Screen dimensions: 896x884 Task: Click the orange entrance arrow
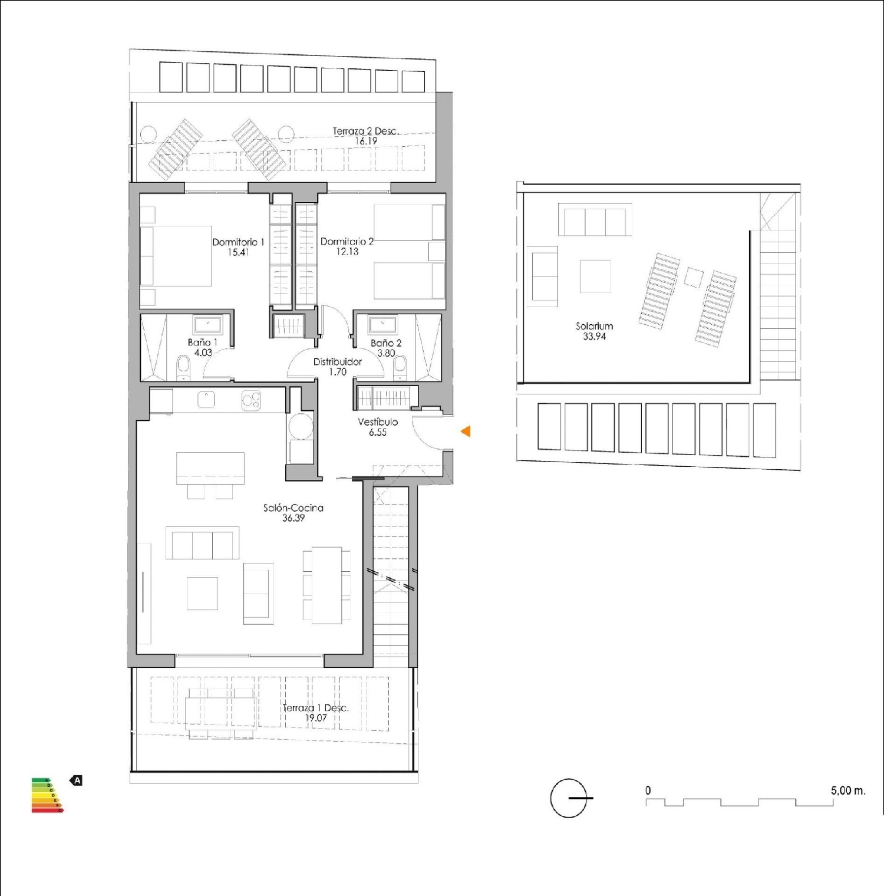pos(466,431)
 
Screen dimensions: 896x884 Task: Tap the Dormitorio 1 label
pos(238,242)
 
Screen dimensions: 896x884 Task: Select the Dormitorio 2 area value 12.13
pos(347,252)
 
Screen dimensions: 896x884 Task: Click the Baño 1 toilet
pos(183,367)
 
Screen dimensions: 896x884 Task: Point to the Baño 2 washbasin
pos(383,324)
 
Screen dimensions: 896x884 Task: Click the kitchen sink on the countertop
pos(206,400)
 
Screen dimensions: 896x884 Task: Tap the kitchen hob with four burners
pos(251,400)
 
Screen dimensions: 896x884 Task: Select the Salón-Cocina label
pos(293,508)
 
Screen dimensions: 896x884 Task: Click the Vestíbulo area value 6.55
pos(378,433)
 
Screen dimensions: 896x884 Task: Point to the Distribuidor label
pos(337,361)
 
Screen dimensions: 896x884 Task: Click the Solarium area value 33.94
pos(594,337)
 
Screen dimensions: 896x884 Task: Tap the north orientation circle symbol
pos(569,798)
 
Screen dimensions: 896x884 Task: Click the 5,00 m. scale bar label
pos(847,790)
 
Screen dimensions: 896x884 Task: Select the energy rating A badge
pos(77,780)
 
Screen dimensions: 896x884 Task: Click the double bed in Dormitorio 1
pos(176,256)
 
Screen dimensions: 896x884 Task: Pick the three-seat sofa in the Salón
pos(202,543)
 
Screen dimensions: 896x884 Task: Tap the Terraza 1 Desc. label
pos(315,707)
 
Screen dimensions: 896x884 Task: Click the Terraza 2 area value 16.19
pos(365,141)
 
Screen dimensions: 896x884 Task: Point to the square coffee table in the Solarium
pos(595,276)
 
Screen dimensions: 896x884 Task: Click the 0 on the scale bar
pos(648,790)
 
